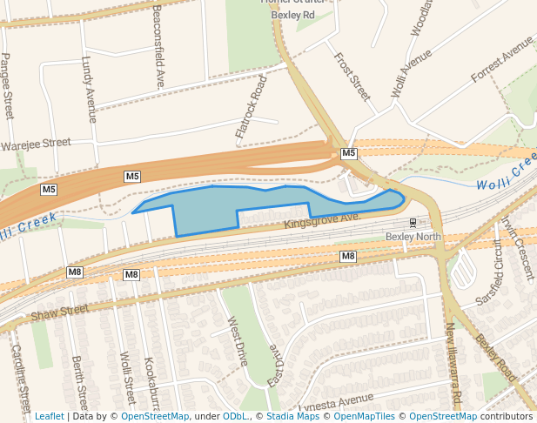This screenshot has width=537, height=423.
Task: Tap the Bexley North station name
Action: [x=413, y=237]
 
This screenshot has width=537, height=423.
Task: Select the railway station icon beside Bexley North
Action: [x=413, y=223]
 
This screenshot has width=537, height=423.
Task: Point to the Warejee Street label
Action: [x=36, y=143]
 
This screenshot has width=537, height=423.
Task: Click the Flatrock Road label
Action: [x=251, y=107]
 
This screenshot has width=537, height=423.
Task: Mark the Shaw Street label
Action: [x=60, y=311]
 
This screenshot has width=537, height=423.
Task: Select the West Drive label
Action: [x=237, y=340]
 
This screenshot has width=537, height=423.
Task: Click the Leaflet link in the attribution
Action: [x=49, y=416]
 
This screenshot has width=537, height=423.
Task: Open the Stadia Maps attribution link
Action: [x=292, y=416]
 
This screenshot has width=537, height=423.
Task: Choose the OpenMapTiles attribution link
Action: [x=364, y=416]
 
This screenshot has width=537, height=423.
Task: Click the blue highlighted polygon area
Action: [x=209, y=209]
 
